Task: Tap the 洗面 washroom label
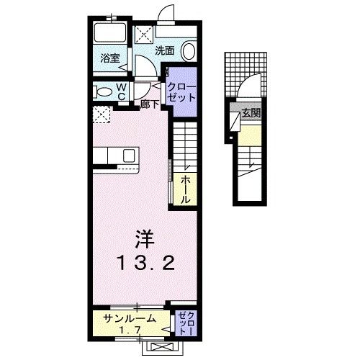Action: pos(165,51)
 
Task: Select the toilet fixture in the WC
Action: pos(103,91)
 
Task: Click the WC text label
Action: pos(121,91)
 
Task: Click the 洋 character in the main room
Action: pos(143,235)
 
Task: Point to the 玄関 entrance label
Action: pos(251,112)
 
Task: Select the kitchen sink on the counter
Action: pos(129,156)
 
